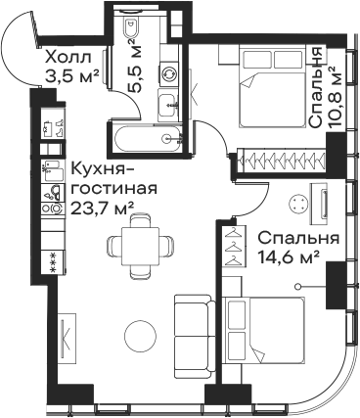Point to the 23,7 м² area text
coord(102,208)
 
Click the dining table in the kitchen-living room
coord(144,242)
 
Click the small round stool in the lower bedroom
coord(298,205)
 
